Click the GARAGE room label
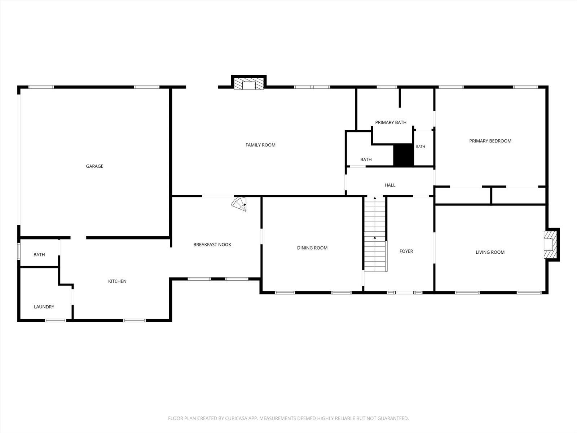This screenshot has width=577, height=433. (x=94, y=166)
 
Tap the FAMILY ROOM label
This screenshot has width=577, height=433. (x=260, y=145)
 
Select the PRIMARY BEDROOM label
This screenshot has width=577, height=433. (x=490, y=141)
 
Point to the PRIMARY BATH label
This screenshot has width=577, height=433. (x=391, y=122)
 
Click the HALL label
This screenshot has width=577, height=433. (x=390, y=185)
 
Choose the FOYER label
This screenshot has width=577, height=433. (x=406, y=251)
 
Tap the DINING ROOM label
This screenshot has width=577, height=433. (x=312, y=248)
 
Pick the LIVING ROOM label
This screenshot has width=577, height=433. (x=490, y=252)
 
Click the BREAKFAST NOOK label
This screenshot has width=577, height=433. (x=212, y=245)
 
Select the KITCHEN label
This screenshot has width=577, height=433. (x=117, y=281)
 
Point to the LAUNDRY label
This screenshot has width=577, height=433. (x=44, y=307)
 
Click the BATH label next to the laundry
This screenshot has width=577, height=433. (x=39, y=254)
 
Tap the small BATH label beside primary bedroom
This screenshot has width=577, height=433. (x=420, y=146)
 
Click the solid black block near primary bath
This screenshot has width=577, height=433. (x=404, y=154)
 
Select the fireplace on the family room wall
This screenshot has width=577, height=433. (x=249, y=83)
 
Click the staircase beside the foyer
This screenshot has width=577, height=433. (x=375, y=234)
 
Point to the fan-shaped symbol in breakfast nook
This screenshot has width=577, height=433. (x=239, y=204)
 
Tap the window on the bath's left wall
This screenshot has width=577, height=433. (x=19, y=252)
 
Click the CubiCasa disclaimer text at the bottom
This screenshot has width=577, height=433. (x=288, y=418)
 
